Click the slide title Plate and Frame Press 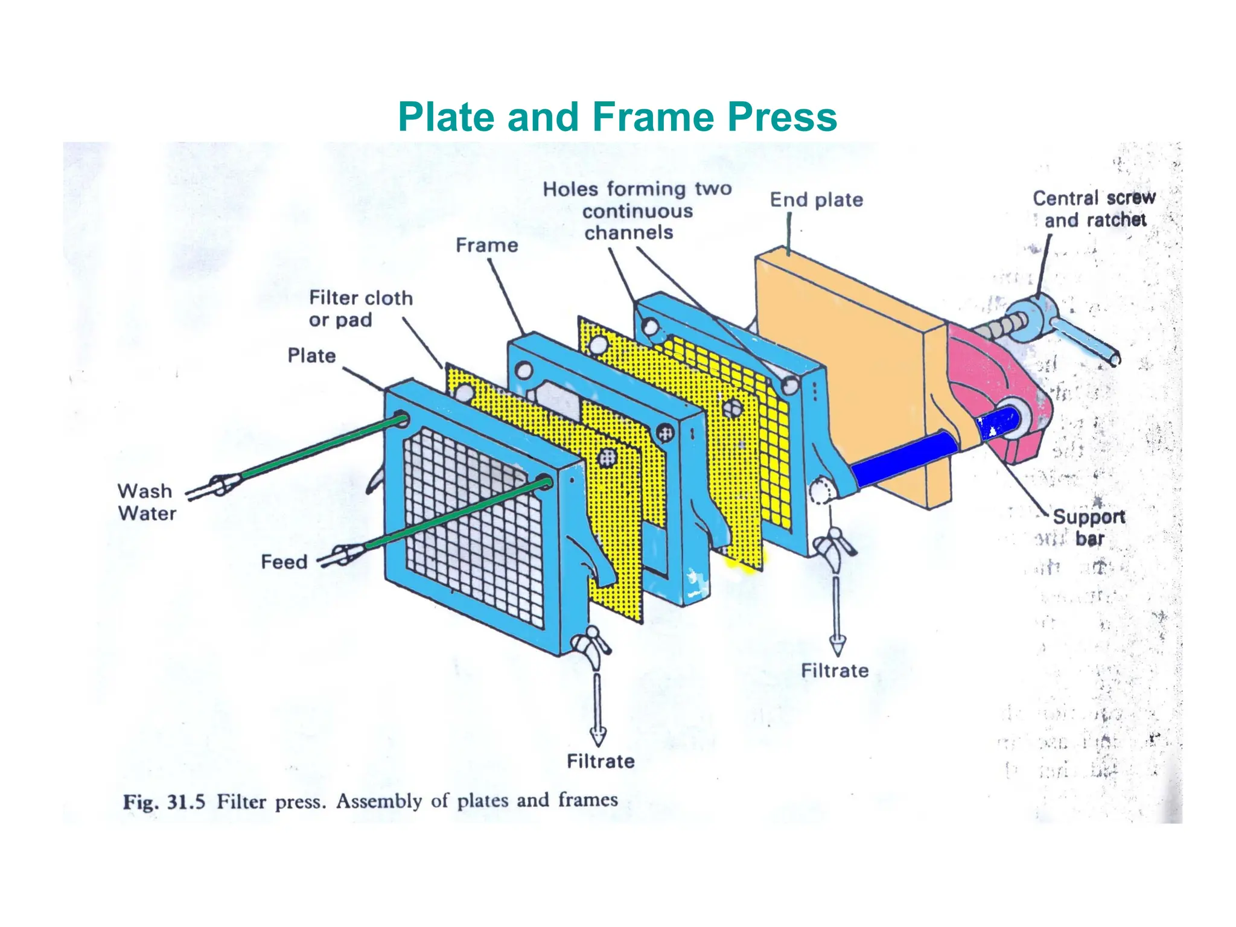617,116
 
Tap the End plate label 816,200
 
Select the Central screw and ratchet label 1094,209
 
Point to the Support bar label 1089,527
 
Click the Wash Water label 146,502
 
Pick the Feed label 284,562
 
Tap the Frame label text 486,245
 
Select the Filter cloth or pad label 360,308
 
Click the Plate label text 311,355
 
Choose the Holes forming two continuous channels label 636,211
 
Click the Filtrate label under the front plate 600,761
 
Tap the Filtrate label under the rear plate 834,671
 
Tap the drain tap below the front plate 591,646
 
